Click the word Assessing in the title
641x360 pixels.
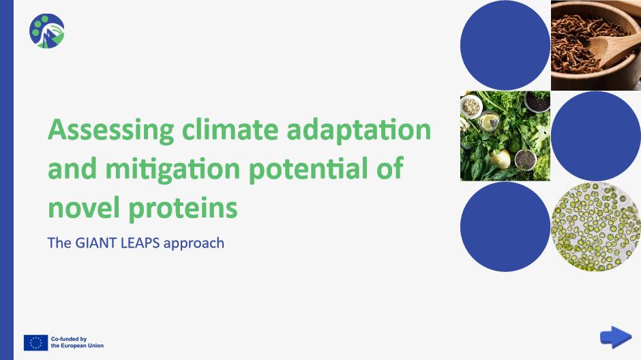(x=110, y=130)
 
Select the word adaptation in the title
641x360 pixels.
(x=359, y=130)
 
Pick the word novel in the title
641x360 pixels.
(x=84, y=207)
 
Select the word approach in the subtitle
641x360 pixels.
(x=194, y=244)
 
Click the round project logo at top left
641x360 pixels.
(x=46, y=31)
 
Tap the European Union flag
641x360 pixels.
(x=36, y=343)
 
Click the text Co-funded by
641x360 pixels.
(x=69, y=339)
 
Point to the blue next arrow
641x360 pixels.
(x=616, y=337)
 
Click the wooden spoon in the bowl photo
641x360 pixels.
(x=613, y=48)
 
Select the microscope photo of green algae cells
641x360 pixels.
(x=595, y=227)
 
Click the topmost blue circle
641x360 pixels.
(x=505, y=45)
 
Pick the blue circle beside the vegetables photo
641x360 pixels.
(x=595, y=136)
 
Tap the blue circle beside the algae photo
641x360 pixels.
(x=505, y=227)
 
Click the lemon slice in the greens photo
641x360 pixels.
(x=490, y=122)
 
